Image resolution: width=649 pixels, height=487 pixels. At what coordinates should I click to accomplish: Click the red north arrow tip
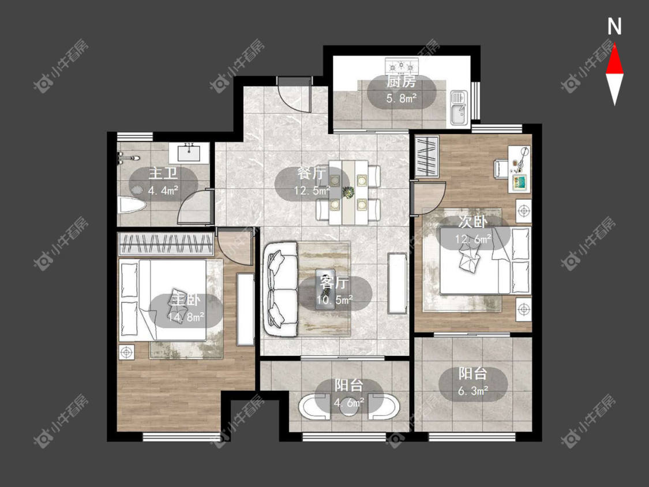[x=614, y=43]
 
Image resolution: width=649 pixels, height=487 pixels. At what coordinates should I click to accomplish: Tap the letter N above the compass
[x=614, y=27]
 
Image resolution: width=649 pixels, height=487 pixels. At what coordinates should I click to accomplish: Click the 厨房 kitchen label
[x=401, y=81]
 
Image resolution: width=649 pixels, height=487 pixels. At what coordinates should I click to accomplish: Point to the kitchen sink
[x=459, y=108]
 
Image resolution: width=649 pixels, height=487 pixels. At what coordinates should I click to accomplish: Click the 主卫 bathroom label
[x=163, y=173]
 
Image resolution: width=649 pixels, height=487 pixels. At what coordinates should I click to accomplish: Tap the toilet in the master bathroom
[x=132, y=205]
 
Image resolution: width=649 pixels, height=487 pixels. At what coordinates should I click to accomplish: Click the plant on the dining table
[x=348, y=192]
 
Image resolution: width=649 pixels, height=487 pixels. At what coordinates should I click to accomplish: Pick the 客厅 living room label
[x=334, y=283]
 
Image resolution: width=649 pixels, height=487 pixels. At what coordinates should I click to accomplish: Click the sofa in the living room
[x=282, y=290]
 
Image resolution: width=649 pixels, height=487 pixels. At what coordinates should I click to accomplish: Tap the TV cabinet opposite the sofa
[x=397, y=283]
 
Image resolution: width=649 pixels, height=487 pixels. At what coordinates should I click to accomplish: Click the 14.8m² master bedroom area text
[x=186, y=317]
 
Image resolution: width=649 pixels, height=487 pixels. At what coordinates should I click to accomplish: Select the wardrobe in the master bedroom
[x=166, y=244]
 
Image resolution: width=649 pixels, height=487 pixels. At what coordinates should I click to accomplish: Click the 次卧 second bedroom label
[x=472, y=222]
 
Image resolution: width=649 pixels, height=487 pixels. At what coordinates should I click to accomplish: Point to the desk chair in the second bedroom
[x=501, y=169]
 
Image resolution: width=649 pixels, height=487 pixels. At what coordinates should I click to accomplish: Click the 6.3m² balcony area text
[x=473, y=391]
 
